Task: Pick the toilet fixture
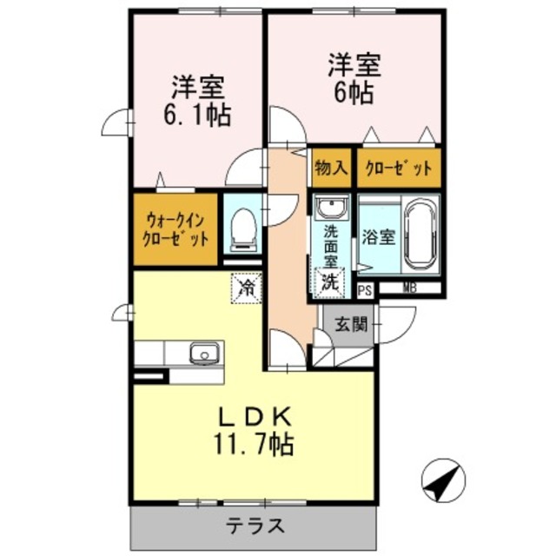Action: [x=242, y=227]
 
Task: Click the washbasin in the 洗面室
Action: [x=330, y=208]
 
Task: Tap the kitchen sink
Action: [x=203, y=353]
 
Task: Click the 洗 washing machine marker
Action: [x=330, y=281]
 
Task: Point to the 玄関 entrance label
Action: [x=351, y=326]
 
